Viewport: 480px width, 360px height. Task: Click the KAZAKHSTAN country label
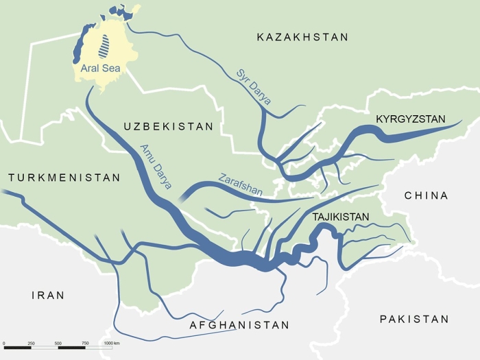pos(302,37)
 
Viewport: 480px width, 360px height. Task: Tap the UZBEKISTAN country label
pos(169,127)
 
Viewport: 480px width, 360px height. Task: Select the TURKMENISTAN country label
pos(64,178)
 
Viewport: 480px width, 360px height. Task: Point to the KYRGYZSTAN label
pos(411,119)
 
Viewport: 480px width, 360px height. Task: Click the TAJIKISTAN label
pos(341,217)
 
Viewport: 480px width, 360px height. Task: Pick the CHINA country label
pos(426,195)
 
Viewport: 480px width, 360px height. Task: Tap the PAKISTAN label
pos(414,319)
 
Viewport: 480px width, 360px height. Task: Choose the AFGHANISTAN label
pos(239,325)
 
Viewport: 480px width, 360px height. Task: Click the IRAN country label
pos(48,296)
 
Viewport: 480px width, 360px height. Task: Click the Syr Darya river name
pos(253,86)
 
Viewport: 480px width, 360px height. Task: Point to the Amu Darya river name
pos(156,167)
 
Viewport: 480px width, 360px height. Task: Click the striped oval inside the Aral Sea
pos(105,46)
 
